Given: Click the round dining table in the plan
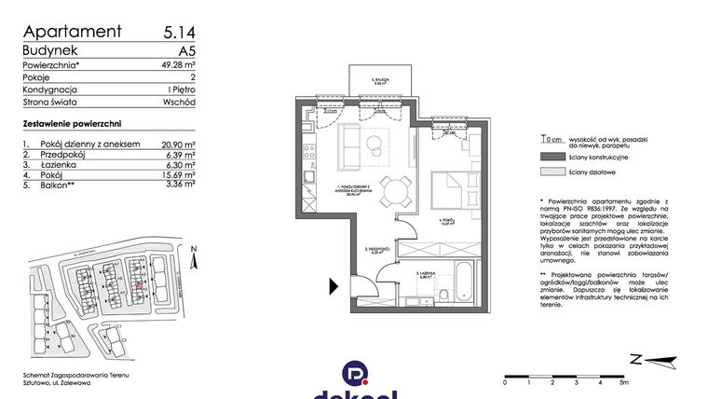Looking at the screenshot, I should (399, 191).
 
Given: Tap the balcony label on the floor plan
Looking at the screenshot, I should (378, 83).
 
